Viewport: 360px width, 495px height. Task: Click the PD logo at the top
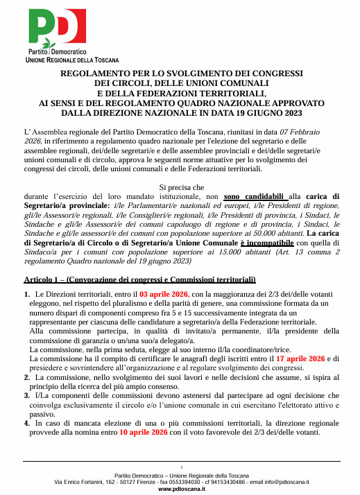(x=57, y=28)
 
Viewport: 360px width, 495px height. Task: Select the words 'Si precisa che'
(x=182, y=187)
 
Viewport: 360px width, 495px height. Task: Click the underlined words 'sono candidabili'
(x=255, y=196)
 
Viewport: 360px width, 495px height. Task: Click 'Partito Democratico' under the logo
(x=57, y=52)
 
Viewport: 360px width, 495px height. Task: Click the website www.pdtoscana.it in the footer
(x=181, y=489)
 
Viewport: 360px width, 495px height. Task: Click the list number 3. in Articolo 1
(x=27, y=395)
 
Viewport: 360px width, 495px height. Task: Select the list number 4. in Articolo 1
(x=27, y=422)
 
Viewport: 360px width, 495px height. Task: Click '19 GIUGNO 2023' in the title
(x=268, y=112)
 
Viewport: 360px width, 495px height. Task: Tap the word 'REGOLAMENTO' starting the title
(x=93, y=73)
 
